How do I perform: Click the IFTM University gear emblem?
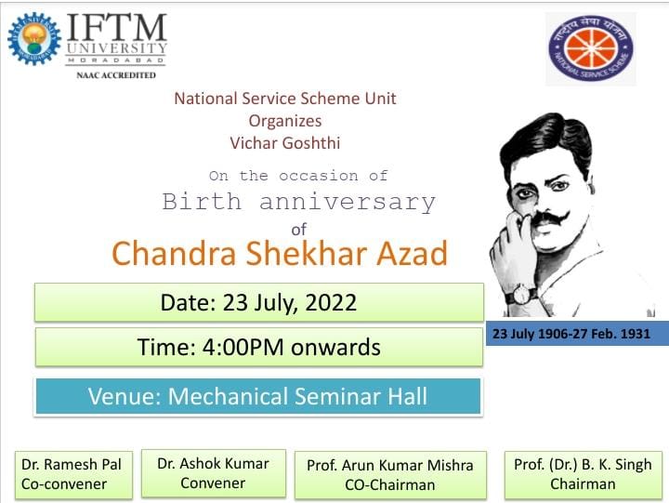pos(34,39)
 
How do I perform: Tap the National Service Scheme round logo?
pos(591,48)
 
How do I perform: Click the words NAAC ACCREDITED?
pos(116,75)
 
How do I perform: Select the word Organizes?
pos(285,121)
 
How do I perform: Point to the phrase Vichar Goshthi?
pos(285,143)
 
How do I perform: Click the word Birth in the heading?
pos(202,201)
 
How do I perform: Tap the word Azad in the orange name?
pos(412,253)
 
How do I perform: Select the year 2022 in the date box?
pos(331,302)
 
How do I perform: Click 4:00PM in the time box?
pos(243,347)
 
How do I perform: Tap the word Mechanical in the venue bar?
pos(229,396)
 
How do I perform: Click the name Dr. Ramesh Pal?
pos(72,464)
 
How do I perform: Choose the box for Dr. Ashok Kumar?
pos(214,473)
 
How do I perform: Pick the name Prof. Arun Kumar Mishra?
pos(390,465)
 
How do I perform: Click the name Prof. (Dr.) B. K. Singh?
pos(583,465)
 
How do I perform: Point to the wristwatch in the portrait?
pos(521,294)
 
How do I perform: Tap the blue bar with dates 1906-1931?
pos(577,333)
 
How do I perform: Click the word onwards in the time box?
pos(335,347)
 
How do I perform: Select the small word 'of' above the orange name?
pos(298,230)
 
